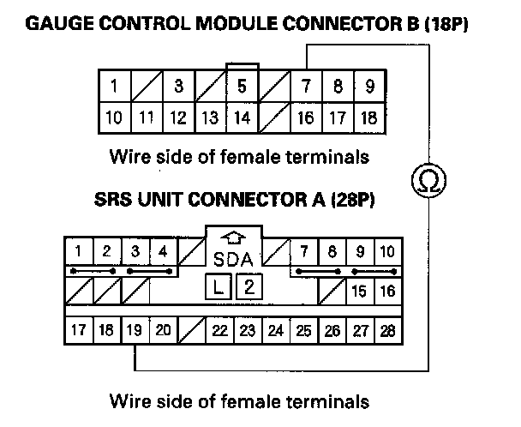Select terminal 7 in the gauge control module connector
306,87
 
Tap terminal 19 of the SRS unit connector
135,330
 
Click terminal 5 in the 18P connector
242,87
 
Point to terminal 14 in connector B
242,117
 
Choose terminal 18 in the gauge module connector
369,117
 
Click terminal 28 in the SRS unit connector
387,330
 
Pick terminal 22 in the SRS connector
219,330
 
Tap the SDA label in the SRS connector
234,258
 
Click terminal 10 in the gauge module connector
114,117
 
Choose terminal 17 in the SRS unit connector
78,330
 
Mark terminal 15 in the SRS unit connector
360,292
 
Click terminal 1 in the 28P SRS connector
78,251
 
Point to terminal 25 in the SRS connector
303,330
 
